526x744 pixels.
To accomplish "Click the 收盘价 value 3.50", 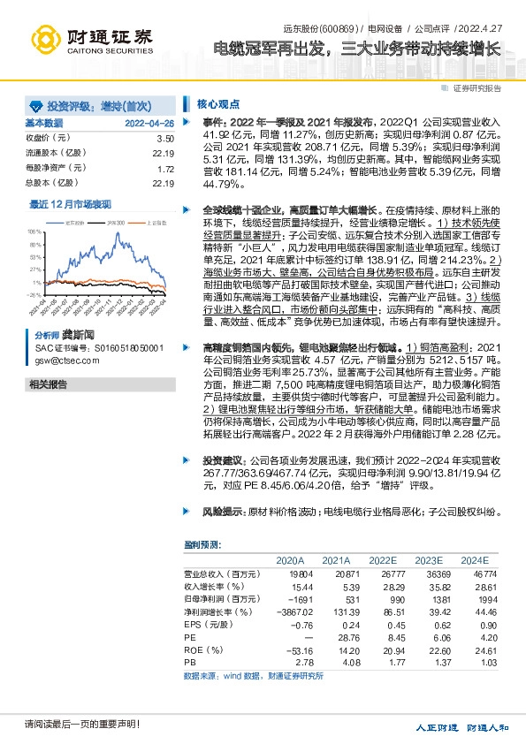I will click(x=165, y=139).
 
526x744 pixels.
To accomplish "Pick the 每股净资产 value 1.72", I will click(x=165, y=168).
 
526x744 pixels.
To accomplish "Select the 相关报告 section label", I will click(x=49, y=384).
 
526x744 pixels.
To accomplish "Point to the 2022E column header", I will click(x=383, y=561).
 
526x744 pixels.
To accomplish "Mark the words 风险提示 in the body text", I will click(x=223, y=512).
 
